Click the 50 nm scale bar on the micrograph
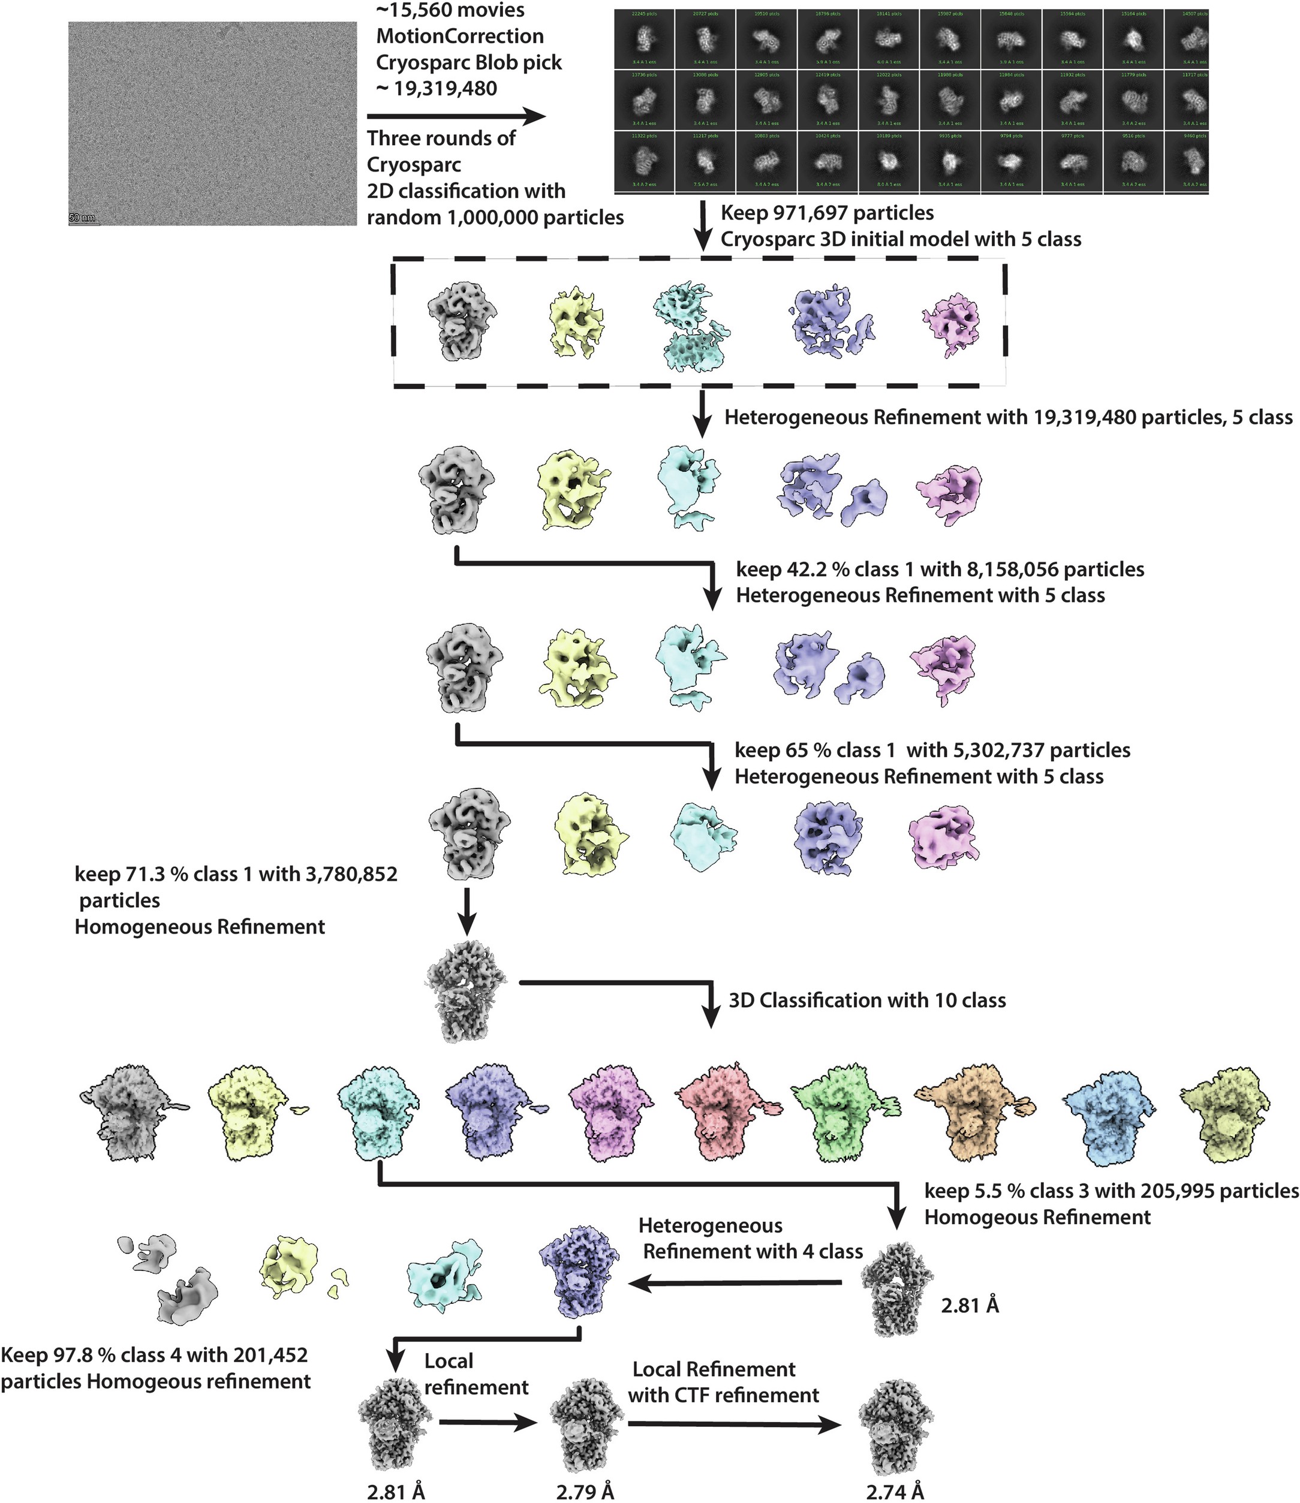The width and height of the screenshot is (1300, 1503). point(83,219)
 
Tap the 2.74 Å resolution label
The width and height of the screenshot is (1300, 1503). point(895,1492)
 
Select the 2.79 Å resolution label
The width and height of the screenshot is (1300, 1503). point(585,1492)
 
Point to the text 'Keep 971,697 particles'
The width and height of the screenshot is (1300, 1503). point(827,213)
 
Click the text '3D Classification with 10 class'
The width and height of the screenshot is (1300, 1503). point(867,1001)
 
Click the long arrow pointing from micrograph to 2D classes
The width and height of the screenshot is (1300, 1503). point(456,117)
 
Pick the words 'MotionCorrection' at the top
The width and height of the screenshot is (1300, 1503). point(460,36)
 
